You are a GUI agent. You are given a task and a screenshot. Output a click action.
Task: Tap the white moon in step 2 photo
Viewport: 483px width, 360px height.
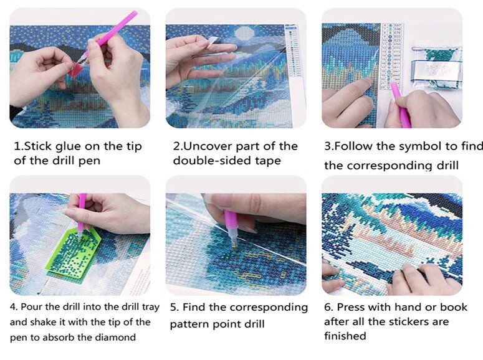(x=244, y=34)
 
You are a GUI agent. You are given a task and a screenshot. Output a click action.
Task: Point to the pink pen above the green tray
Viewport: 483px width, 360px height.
(x=82, y=216)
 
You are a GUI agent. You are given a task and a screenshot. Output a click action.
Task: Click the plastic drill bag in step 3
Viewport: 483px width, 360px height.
(x=436, y=67)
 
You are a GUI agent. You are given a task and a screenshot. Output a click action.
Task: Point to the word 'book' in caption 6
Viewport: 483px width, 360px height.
(x=454, y=306)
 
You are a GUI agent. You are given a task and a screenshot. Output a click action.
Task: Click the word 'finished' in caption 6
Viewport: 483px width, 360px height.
(x=345, y=336)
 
